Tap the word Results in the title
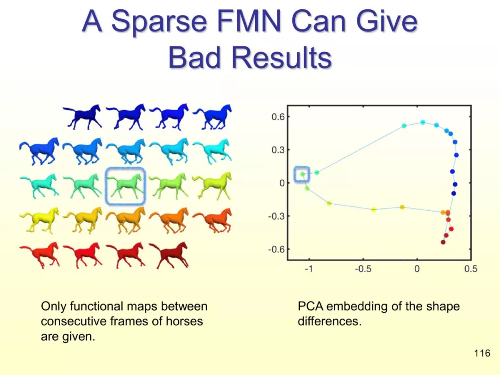tap(281, 58)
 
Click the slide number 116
tap(482, 353)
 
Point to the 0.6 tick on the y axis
tap(278, 117)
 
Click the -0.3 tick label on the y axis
tap(276, 216)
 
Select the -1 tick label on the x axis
tap(308, 269)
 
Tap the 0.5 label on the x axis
tap(471, 269)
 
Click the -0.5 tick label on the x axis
tap(363, 269)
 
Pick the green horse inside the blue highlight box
tap(125, 187)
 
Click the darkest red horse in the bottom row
tap(169, 255)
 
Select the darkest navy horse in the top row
tap(82, 117)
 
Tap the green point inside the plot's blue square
tap(302, 174)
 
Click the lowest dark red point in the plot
tap(443, 242)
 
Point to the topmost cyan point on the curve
tap(423, 122)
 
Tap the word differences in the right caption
tap(330, 321)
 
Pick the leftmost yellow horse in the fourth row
tap(39, 220)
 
